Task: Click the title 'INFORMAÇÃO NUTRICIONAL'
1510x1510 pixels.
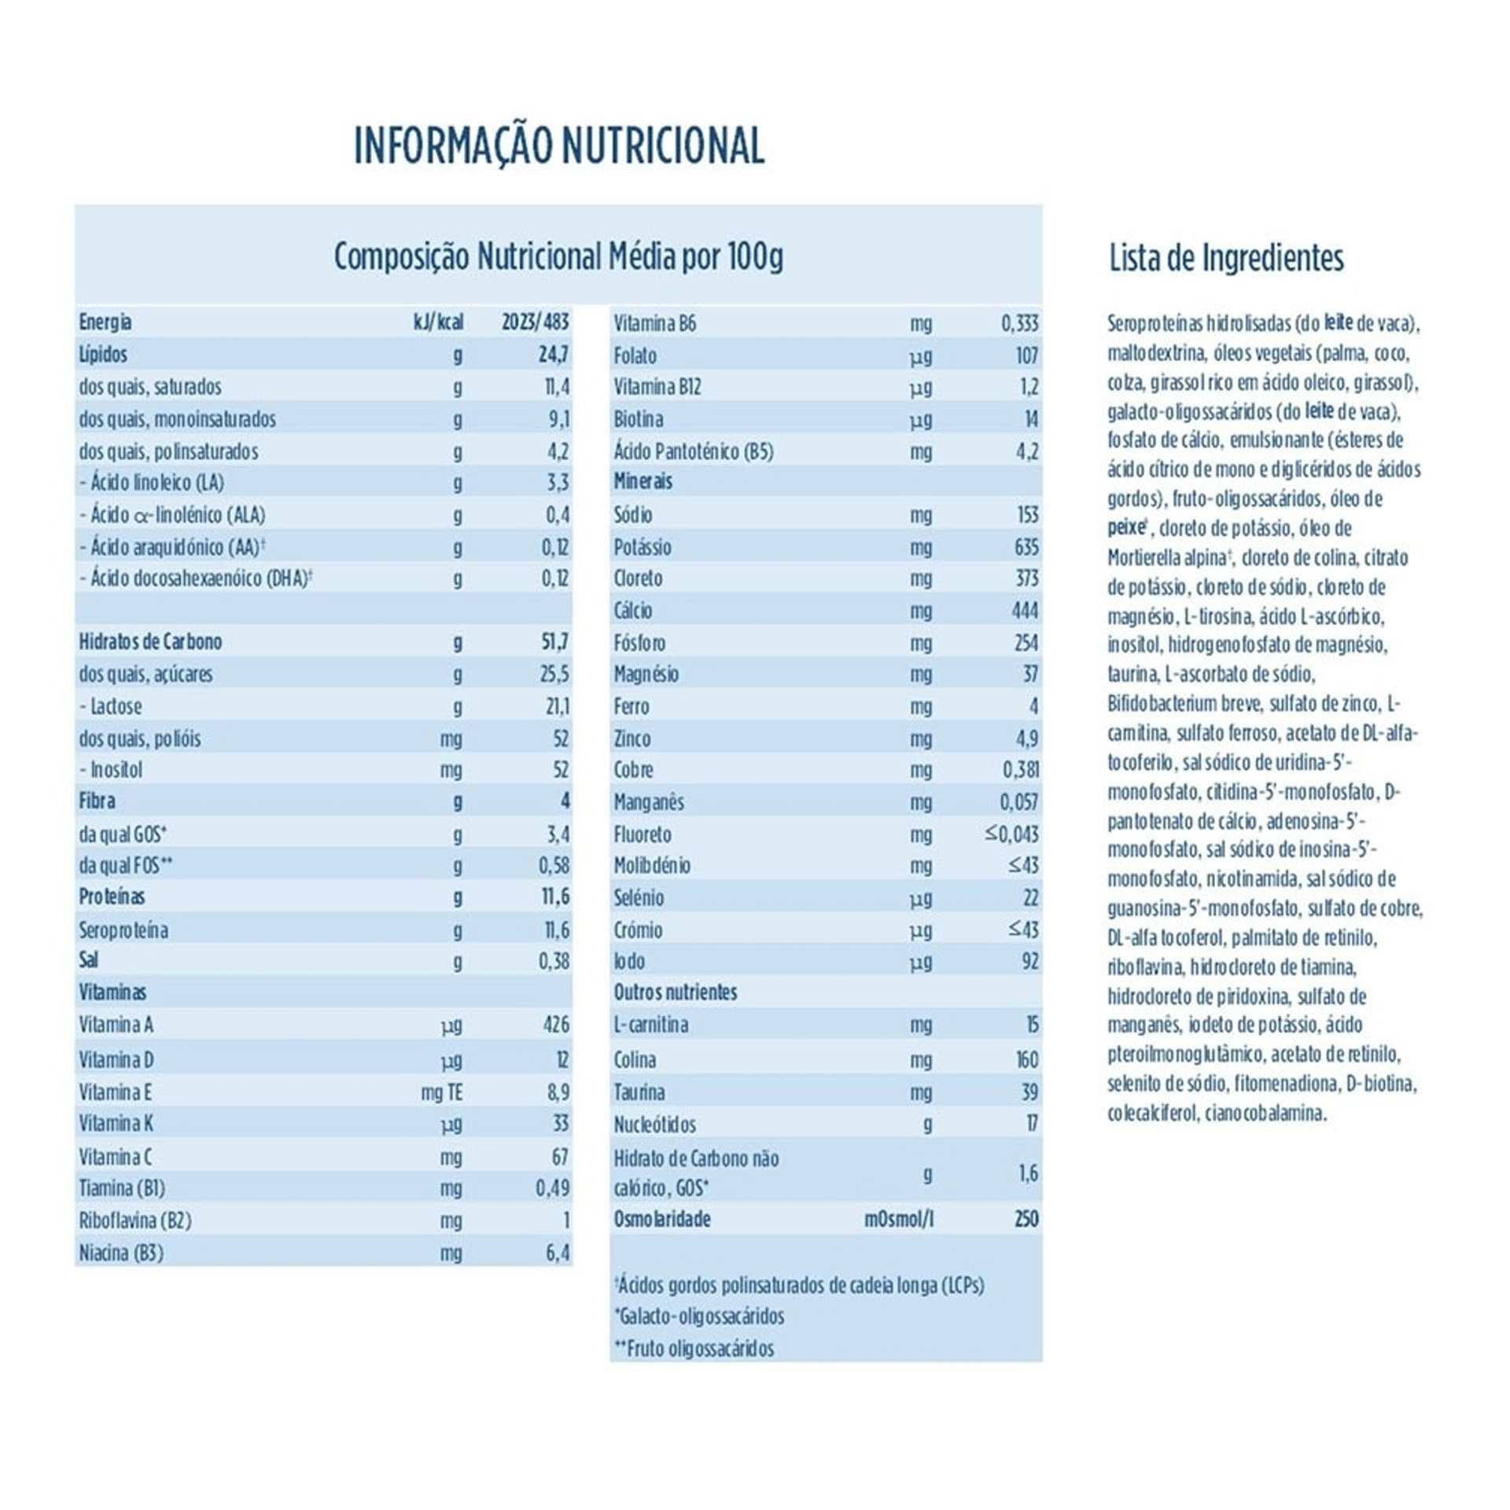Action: (558, 145)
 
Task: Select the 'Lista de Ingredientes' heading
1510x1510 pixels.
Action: (1226, 258)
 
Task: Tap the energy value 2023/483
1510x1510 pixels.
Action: (535, 322)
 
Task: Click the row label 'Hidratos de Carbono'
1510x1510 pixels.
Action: (150, 642)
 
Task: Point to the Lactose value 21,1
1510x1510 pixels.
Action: (557, 706)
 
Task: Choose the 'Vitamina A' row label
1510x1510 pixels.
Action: (116, 1025)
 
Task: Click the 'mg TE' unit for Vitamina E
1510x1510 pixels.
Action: (441, 1092)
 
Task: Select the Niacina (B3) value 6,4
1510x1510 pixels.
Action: (557, 1252)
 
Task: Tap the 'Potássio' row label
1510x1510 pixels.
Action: (643, 547)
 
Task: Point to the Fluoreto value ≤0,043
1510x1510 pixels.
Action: (1011, 834)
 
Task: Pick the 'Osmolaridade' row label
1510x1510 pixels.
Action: (661, 1219)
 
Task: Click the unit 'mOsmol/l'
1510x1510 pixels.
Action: (899, 1220)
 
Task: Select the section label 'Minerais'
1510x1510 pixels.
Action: (643, 481)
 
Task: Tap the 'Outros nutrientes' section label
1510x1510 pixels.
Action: (675, 993)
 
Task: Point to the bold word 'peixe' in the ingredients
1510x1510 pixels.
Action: (1125, 528)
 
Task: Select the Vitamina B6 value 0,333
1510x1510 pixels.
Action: (1020, 323)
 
